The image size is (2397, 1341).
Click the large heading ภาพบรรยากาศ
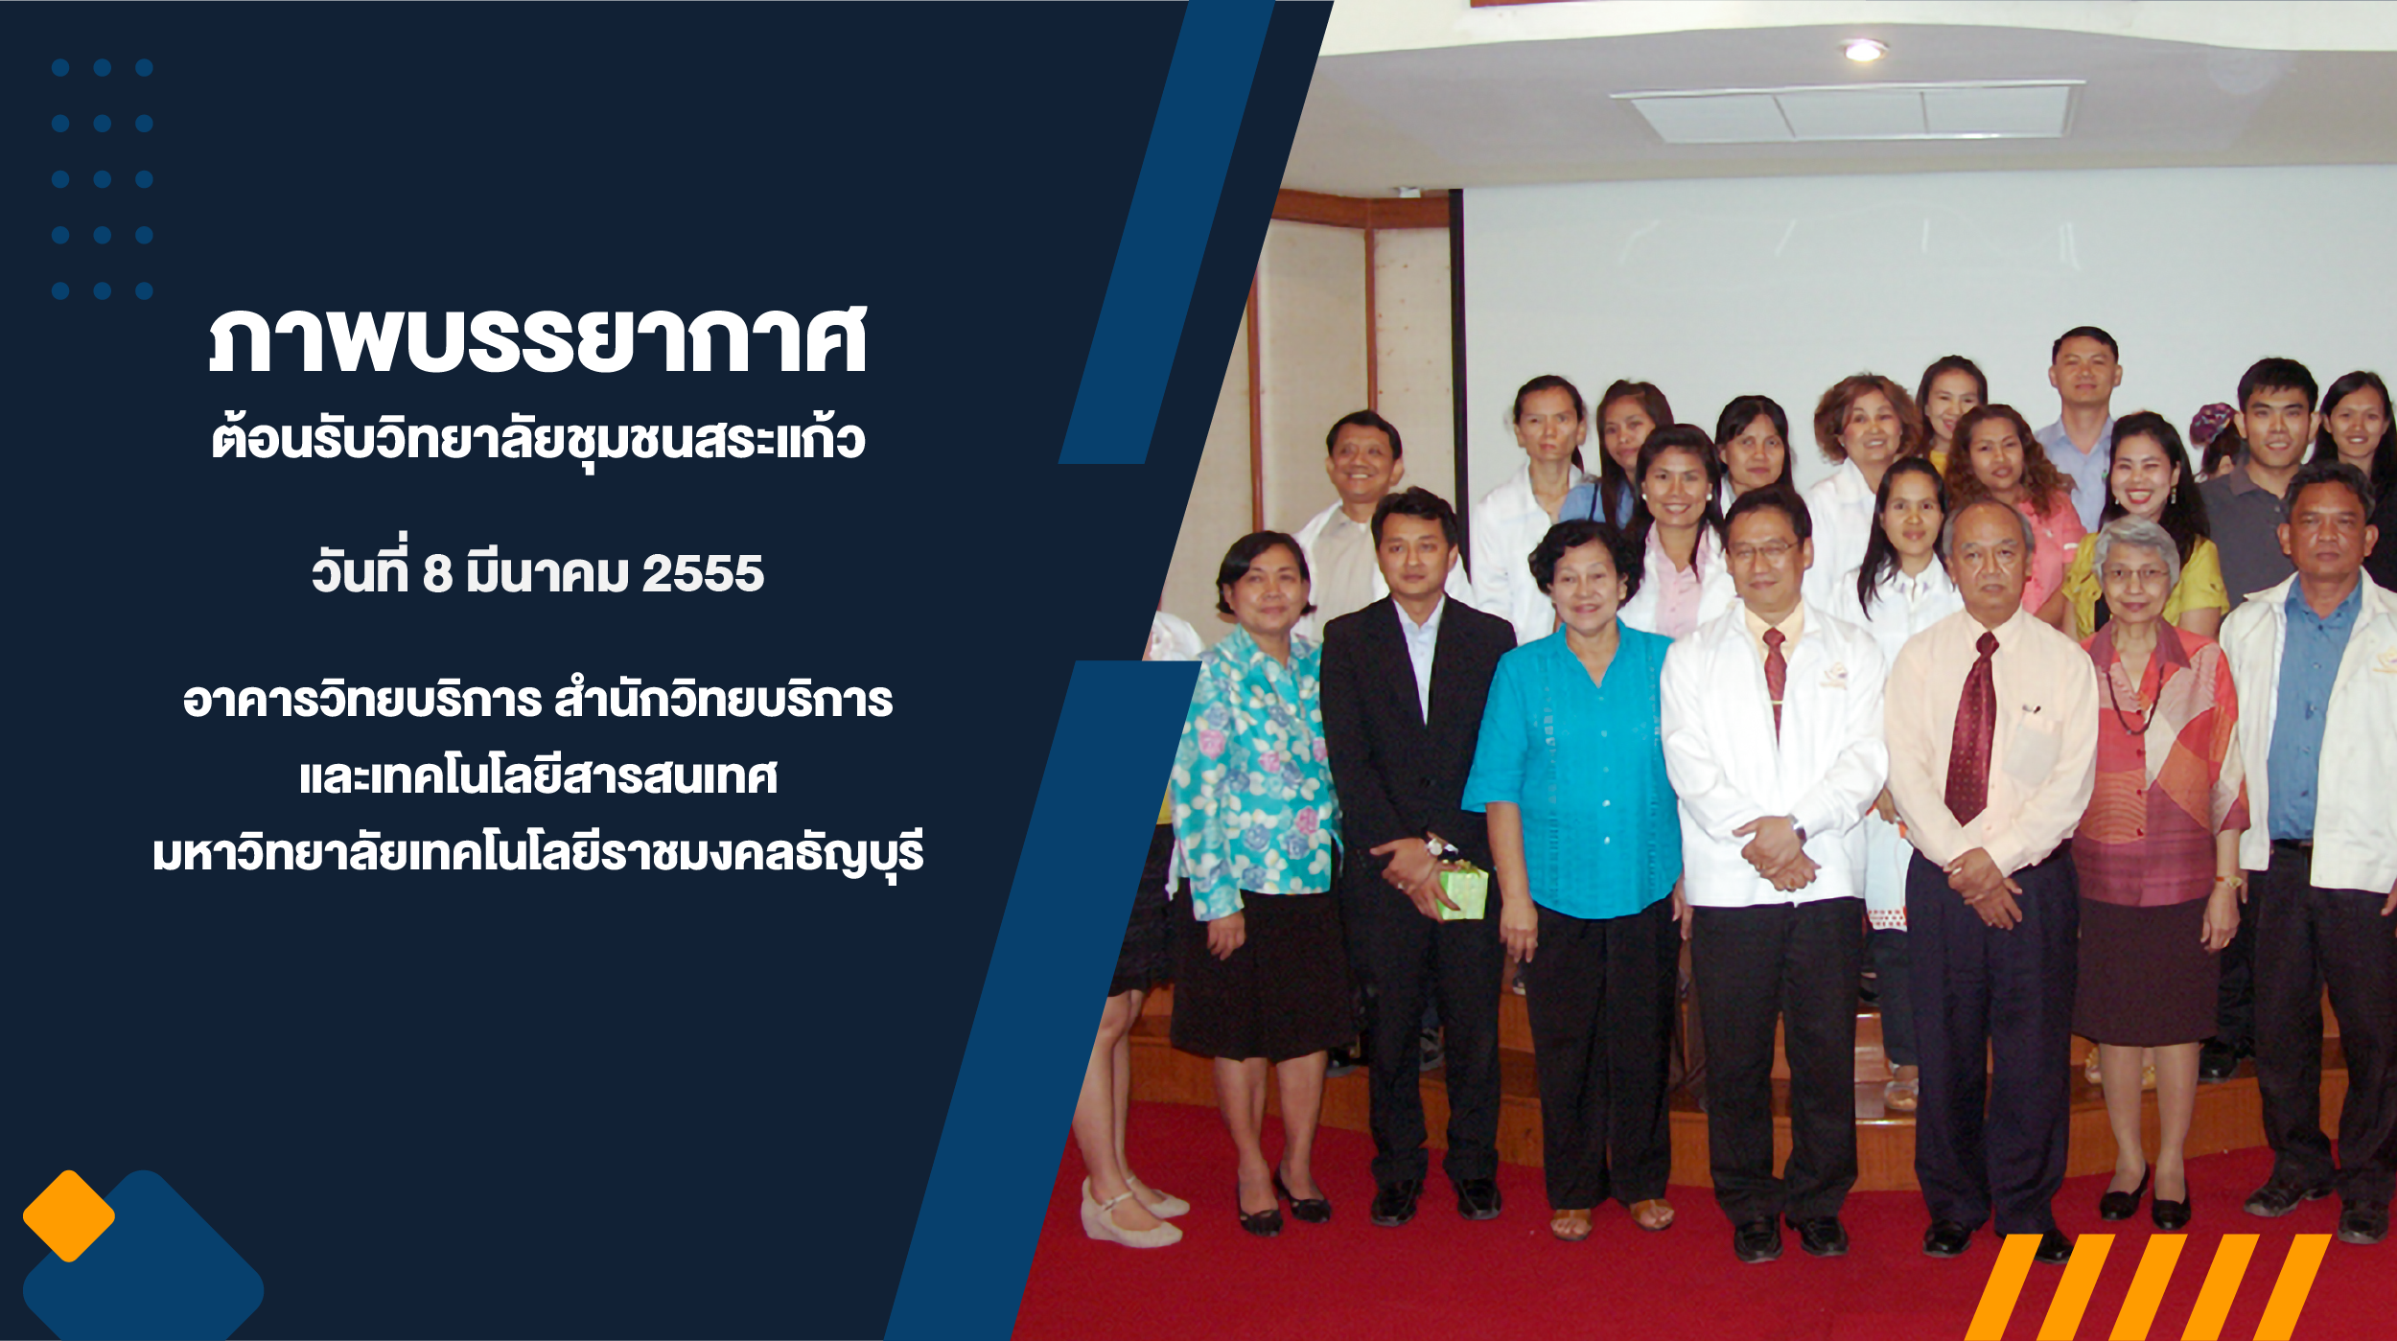click(538, 339)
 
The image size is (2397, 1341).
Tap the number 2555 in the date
click(703, 574)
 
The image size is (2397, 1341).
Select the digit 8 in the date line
click(437, 574)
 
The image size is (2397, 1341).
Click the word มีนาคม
click(547, 572)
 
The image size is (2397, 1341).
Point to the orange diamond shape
click(69, 1216)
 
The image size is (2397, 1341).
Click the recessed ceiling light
click(1864, 50)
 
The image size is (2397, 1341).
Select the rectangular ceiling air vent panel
click(1846, 111)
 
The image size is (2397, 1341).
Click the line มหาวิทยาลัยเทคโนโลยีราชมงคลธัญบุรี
click(538, 852)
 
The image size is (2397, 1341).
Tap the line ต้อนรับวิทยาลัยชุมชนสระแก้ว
click(538, 439)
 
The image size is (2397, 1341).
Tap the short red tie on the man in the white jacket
click(1775, 671)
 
